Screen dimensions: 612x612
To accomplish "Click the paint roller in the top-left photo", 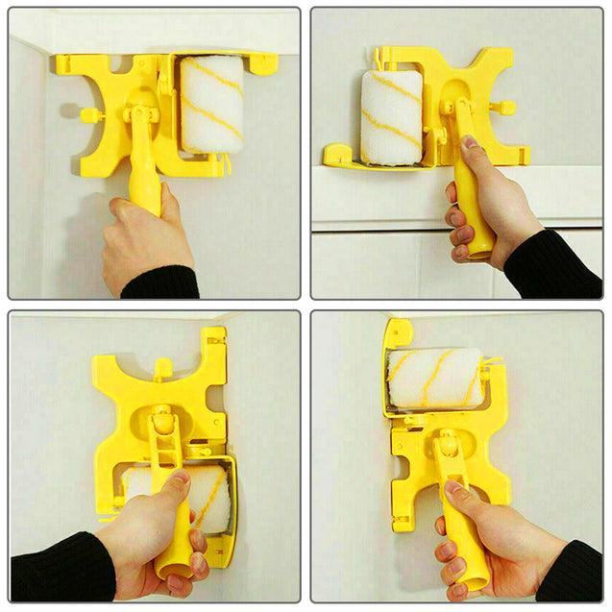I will coord(212,105).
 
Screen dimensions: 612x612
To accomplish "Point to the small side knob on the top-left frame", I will coord(89,115).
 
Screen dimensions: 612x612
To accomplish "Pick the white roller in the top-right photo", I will coord(391,115).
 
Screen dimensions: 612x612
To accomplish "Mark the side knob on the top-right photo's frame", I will coord(506,108).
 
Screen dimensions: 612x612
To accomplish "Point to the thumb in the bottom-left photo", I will coord(173,490).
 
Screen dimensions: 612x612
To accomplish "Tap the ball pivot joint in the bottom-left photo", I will coord(163,422).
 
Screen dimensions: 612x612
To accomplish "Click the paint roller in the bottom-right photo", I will coord(433,378).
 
